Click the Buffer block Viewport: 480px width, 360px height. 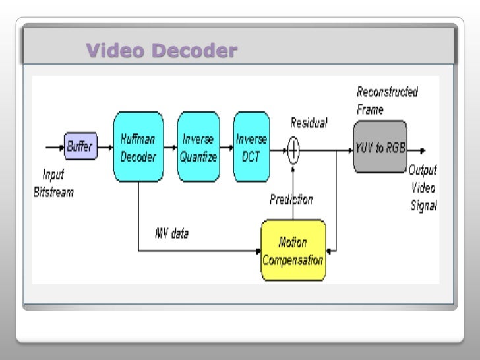pyautogui.click(x=80, y=146)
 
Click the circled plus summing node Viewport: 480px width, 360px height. pyautogui.click(x=293, y=151)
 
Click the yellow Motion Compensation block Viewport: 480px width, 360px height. pyautogui.click(x=293, y=251)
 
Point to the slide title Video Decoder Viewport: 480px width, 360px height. pyautogui.click(x=161, y=51)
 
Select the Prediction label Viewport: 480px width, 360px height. pyautogui.click(x=291, y=199)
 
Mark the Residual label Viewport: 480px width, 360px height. pyautogui.click(x=309, y=123)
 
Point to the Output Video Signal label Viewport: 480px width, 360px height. pyautogui.click(x=423, y=188)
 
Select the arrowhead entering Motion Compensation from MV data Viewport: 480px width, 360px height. pyautogui.click(x=258, y=251)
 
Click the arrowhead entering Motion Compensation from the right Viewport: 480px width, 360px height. pyautogui.click(x=330, y=251)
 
